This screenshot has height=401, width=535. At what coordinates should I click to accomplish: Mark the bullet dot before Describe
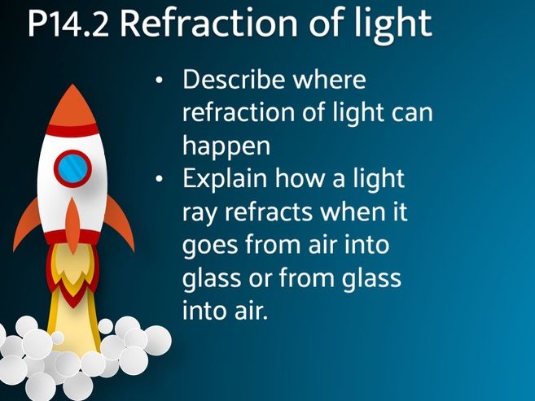(x=160, y=81)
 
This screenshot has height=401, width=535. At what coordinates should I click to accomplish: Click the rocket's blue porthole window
(x=72, y=168)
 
